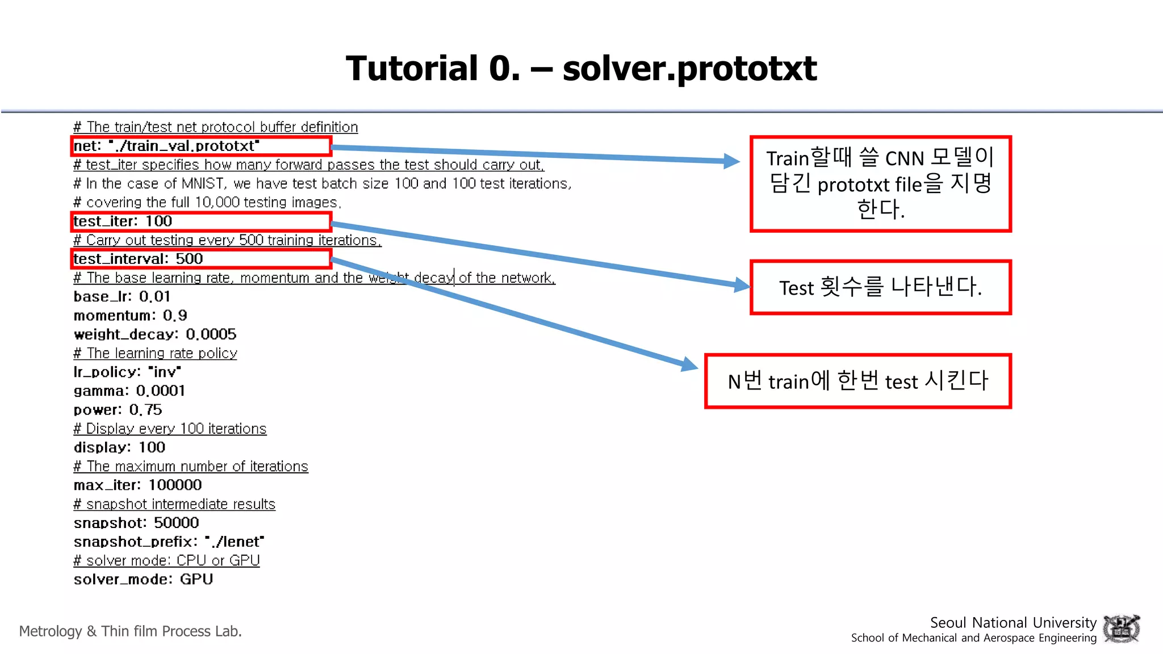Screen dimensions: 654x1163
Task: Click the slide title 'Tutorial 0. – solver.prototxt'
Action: coord(581,68)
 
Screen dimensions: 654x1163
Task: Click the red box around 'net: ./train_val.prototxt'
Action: coord(201,146)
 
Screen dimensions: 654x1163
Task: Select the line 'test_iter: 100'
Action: coord(123,221)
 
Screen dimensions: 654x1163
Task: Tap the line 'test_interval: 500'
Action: coord(138,259)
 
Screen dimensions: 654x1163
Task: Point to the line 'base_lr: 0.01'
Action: coord(122,296)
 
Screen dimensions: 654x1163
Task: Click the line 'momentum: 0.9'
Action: coord(130,316)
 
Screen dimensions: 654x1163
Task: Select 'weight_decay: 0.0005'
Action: coord(154,334)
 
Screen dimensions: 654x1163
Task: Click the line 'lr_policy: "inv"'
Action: coord(127,372)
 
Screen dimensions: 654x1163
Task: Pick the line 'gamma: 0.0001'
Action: coord(129,391)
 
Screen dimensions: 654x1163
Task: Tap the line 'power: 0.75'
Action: coord(118,410)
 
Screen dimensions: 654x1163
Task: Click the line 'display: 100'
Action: coord(119,447)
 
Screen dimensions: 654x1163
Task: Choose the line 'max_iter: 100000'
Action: coord(137,485)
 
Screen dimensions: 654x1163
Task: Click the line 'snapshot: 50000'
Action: coord(136,523)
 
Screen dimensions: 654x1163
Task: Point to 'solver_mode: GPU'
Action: coord(143,580)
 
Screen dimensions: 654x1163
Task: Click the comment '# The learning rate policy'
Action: coord(155,353)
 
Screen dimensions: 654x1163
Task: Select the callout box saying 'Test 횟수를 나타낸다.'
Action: coord(880,287)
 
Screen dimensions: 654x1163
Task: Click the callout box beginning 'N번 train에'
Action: coord(857,381)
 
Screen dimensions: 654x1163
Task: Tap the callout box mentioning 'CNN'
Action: coord(880,183)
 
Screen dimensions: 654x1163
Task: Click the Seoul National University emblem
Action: coord(1121,629)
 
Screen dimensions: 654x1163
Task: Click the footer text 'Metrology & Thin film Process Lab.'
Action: coord(130,631)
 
